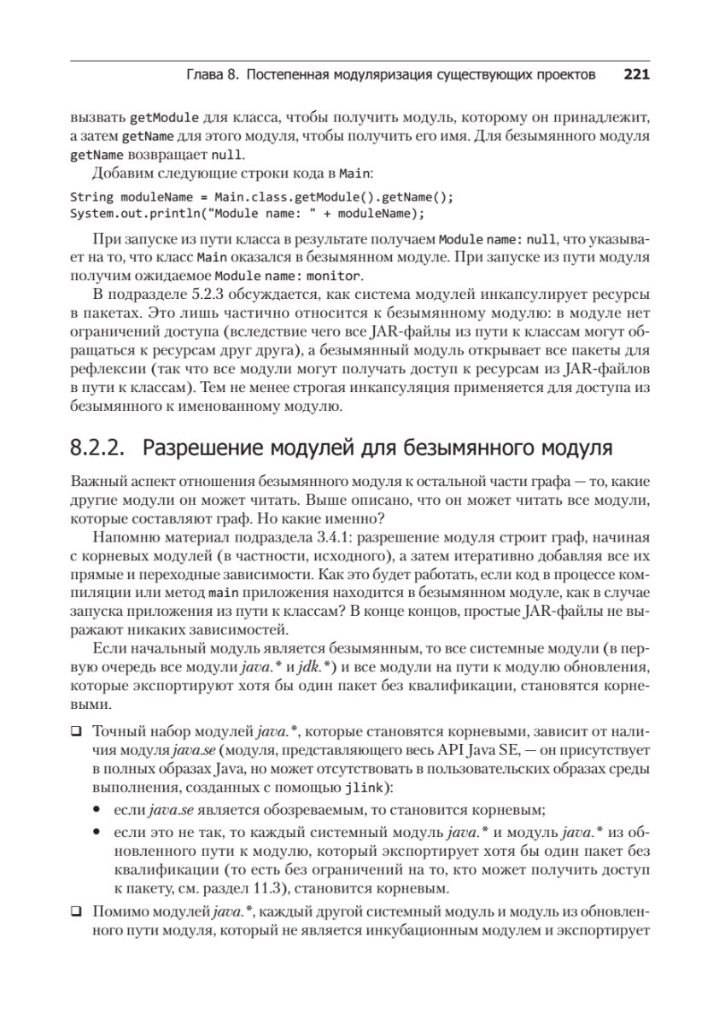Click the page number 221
point(637,74)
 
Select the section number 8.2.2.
point(96,448)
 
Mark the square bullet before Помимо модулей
point(76,911)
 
